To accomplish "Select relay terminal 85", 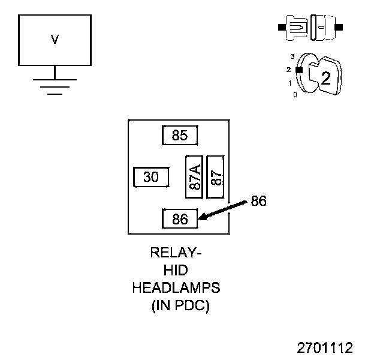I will click(180, 135).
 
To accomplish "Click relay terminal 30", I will click(151, 177).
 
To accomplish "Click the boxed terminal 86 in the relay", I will click(180, 219).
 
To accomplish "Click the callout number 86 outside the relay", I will click(258, 201).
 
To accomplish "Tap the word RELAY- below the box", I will click(176, 253).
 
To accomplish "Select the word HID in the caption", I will click(176, 271).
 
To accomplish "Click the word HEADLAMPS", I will click(176, 288).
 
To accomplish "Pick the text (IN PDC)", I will click(180, 305).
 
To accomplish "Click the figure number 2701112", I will click(325, 347).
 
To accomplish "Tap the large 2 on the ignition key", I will click(325, 78).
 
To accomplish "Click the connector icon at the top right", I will click(310, 28).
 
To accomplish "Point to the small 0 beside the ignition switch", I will click(294, 95).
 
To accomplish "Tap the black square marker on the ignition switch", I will click(298, 70).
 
